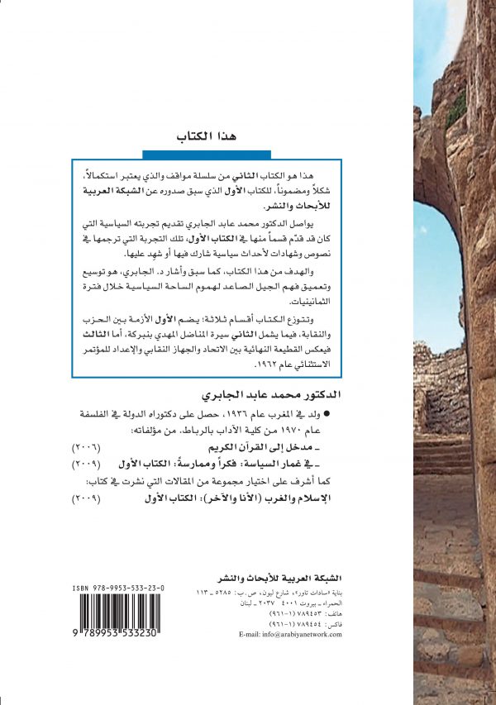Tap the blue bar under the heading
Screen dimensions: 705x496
(207, 154)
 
